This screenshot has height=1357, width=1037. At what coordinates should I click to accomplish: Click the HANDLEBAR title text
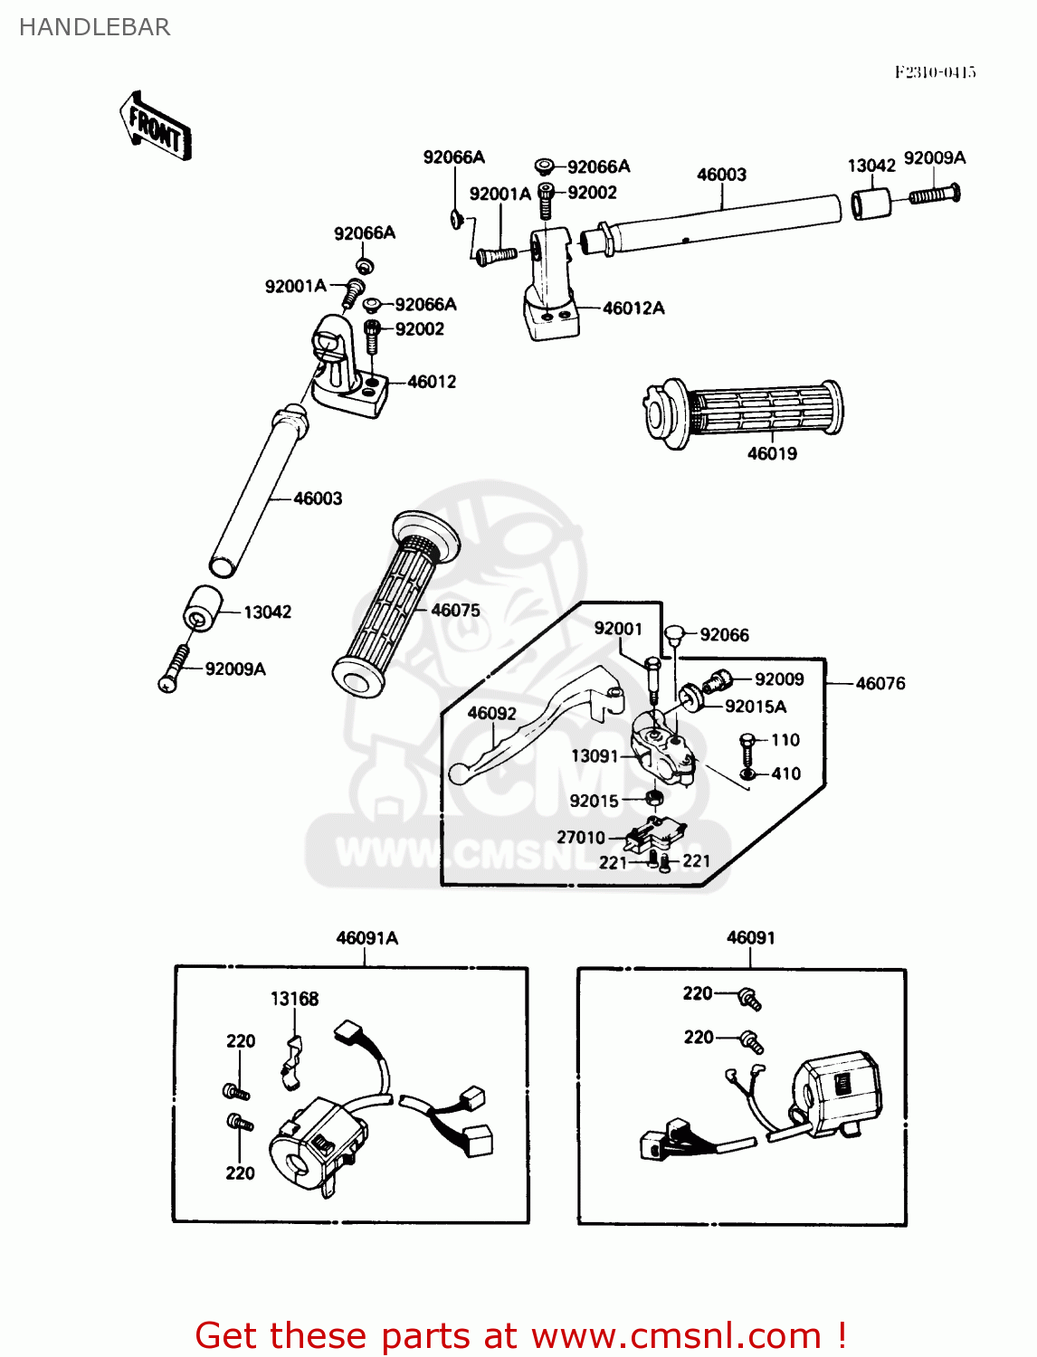point(94,27)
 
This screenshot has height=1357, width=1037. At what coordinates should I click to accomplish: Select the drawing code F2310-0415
point(935,72)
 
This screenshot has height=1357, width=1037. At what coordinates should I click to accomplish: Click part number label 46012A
point(633,308)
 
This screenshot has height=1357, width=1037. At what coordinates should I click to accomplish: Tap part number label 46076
point(880,684)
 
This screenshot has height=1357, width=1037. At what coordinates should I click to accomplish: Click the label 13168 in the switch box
point(294,999)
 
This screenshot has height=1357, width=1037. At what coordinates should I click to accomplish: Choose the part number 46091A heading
point(366,938)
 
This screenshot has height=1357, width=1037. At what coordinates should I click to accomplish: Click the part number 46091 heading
point(750,938)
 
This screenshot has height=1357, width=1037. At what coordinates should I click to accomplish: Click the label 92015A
point(756,707)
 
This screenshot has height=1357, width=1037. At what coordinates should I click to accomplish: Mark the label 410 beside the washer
point(785,773)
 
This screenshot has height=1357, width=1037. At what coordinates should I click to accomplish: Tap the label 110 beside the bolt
point(785,740)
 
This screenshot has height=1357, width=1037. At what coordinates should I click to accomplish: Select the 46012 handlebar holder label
point(432,382)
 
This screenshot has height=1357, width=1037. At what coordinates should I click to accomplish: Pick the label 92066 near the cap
point(724,635)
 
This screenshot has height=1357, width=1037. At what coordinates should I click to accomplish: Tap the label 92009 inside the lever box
point(779,679)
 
